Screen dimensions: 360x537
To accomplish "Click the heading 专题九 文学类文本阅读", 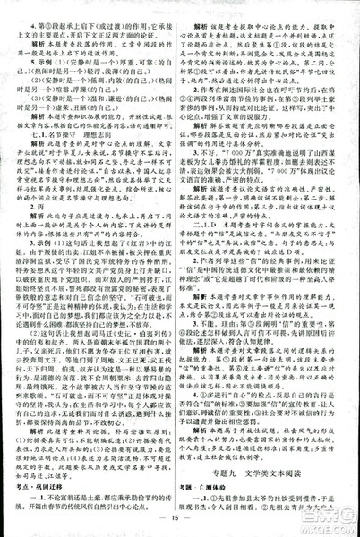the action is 270,460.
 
